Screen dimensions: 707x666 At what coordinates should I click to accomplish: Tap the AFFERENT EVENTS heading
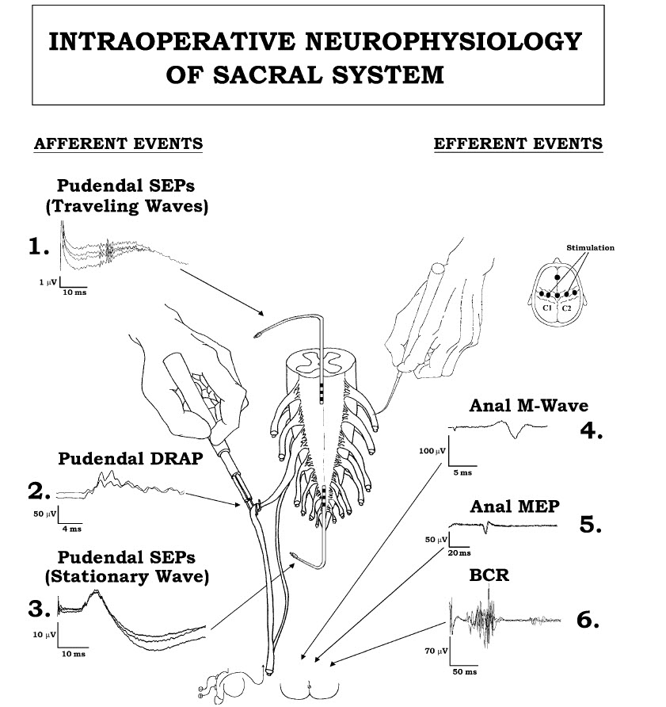pyautogui.click(x=118, y=144)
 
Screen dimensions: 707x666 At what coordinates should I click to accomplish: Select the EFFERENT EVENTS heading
pyautogui.click(x=518, y=144)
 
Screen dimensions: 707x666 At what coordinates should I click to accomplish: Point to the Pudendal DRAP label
pyautogui.click(x=120, y=459)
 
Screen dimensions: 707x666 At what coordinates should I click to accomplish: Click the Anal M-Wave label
pyautogui.click(x=529, y=406)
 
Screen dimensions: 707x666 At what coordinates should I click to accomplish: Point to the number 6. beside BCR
pyautogui.click(x=588, y=620)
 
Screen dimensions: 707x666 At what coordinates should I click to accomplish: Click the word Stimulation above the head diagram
pyautogui.click(x=590, y=248)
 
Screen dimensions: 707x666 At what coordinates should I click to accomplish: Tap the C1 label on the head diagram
pyautogui.click(x=547, y=307)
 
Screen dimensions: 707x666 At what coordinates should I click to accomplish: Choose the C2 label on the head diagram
pyautogui.click(x=567, y=307)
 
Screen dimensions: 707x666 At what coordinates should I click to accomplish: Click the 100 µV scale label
pyautogui.click(x=428, y=451)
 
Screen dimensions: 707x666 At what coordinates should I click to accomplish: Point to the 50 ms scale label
pyautogui.click(x=465, y=672)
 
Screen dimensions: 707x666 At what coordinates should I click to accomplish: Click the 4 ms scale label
pyautogui.click(x=71, y=528)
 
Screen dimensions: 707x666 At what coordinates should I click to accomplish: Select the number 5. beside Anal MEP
pyautogui.click(x=591, y=525)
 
